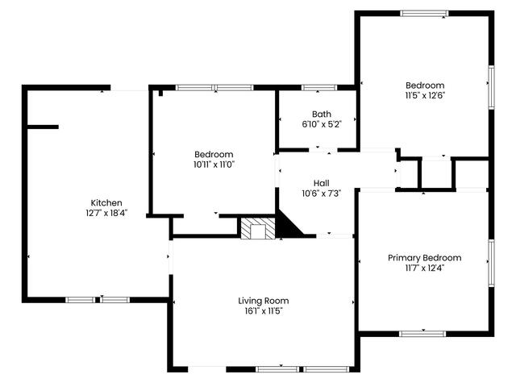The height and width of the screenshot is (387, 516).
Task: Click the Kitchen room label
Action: [x=106, y=202]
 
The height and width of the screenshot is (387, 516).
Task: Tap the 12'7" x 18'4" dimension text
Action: [x=106, y=213]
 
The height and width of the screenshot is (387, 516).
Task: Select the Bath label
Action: [x=322, y=114]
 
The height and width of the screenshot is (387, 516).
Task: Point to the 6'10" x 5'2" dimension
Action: [x=322, y=124]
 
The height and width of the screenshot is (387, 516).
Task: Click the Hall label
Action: [x=321, y=183]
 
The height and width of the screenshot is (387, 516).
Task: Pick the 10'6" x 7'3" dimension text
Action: [x=321, y=193]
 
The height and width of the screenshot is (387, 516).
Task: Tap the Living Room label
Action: [x=264, y=301]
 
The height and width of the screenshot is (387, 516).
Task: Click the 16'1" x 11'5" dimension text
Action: [x=264, y=311]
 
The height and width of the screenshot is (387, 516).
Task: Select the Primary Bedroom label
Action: [x=425, y=258]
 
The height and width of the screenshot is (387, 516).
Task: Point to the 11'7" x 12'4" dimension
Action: [x=425, y=268]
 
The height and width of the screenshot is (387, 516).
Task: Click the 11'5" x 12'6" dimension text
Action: [x=425, y=96]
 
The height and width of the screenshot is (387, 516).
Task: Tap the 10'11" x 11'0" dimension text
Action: [x=214, y=164]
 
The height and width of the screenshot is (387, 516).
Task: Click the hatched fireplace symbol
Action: [x=258, y=228]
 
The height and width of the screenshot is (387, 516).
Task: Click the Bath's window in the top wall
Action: [x=319, y=88]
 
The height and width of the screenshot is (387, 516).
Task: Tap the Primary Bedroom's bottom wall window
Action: [x=422, y=334]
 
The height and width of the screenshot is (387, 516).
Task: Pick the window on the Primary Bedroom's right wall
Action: [x=491, y=264]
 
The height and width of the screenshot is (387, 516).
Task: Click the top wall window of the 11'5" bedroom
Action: [x=425, y=14]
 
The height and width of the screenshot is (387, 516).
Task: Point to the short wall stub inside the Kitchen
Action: [x=43, y=127]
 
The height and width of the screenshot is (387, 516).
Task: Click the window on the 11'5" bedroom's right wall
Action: [x=491, y=87]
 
